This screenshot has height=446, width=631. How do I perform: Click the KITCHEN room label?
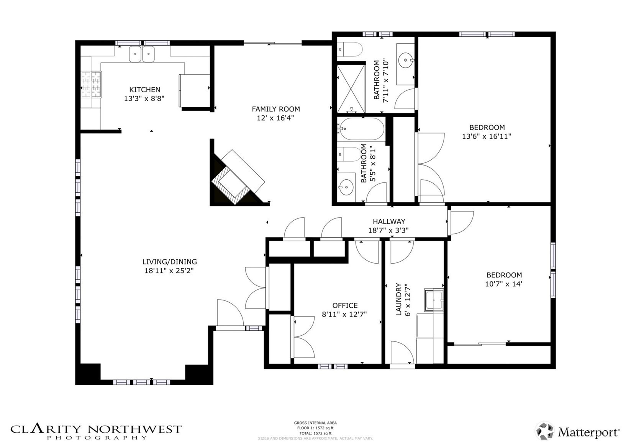tap(144, 90)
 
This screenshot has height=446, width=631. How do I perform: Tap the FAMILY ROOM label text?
tap(276, 109)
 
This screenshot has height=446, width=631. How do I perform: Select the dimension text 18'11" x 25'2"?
tap(169, 271)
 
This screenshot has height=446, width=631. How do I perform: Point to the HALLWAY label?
tap(389, 221)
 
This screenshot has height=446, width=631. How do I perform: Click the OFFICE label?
tap(345, 305)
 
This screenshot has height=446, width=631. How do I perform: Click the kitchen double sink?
tap(142, 54)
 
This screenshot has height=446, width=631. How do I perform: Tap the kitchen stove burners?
tap(91, 85)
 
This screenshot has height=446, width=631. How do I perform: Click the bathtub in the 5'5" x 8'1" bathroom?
tap(361, 129)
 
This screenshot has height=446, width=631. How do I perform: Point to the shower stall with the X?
tap(351, 89)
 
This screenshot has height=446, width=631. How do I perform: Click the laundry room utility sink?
tap(434, 300)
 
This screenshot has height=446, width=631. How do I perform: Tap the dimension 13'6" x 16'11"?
tap(487, 136)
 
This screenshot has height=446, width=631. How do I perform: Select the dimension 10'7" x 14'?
tap(504, 284)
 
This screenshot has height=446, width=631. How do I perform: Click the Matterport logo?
tap(577, 431)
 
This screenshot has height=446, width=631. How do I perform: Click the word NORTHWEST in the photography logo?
tap(134, 430)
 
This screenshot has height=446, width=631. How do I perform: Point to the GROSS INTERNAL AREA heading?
tap(315, 423)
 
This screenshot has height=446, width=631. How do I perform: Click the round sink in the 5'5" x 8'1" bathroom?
tap(346, 187)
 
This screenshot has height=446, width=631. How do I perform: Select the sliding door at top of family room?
tap(273, 43)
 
